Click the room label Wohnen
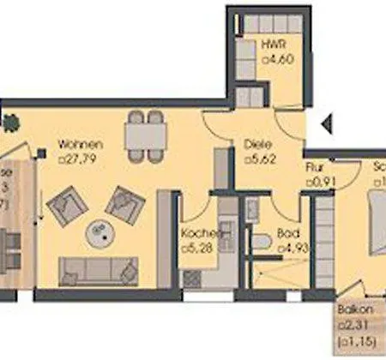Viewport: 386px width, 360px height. pyautogui.click(x=81, y=144)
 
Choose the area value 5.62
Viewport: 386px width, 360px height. pyautogui.click(x=260, y=159)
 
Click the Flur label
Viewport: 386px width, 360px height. pyautogui.click(x=314, y=168)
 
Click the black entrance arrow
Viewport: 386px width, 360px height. pyautogui.click(x=327, y=126)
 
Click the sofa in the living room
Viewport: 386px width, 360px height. pyautogui.click(x=97, y=271)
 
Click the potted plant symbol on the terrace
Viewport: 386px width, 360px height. pyautogui.click(x=10, y=125)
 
